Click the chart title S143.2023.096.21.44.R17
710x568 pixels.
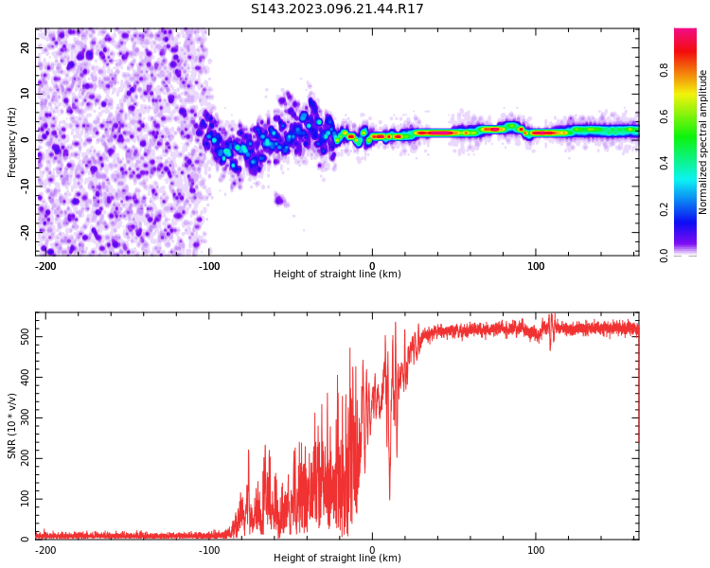[x=337, y=9]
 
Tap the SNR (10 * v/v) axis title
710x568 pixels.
[x=12, y=426]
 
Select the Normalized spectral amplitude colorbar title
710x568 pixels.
[x=703, y=142]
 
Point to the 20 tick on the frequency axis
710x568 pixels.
[x=25, y=47]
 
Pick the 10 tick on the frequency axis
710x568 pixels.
[x=25, y=94]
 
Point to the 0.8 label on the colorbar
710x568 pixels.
[x=665, y=70]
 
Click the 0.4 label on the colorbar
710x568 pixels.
[x=665, y=163]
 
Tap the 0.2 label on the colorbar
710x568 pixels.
[x=665, y=209]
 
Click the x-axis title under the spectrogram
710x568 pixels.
[x=337, y=275]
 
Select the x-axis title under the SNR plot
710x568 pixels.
[x=337, y=559]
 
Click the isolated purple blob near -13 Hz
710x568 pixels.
[x=279, y=199]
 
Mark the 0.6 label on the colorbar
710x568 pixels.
[x=665, y=116]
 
